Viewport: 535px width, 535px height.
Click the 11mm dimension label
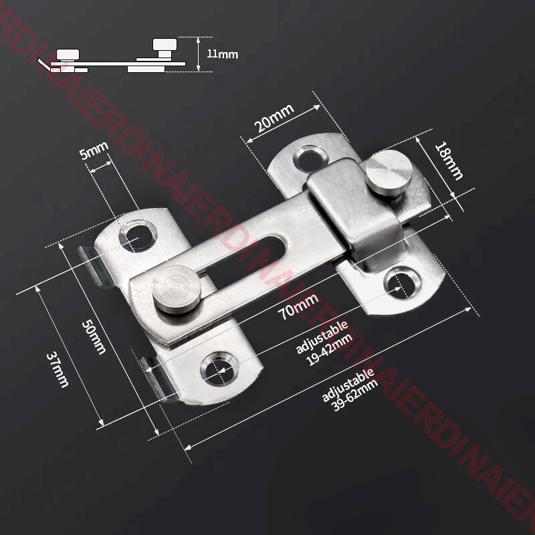[x=222, y=54]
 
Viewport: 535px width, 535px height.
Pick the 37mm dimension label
[x=57, y=370]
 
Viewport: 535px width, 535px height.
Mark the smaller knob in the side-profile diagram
[x=67, y=53]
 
